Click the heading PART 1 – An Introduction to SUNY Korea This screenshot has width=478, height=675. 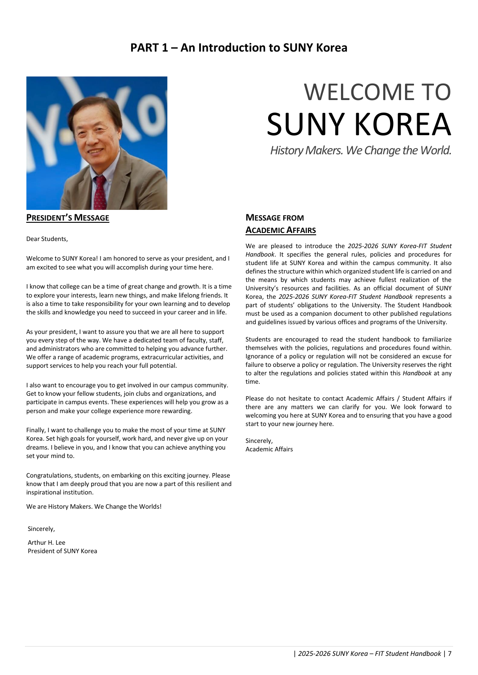tap(239, 48)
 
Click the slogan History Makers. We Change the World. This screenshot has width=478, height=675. tap(361, 150)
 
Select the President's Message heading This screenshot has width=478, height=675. tap(68, 217)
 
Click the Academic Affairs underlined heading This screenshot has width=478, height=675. tap(281, 230)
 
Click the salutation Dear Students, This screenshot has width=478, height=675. tap(47, 239)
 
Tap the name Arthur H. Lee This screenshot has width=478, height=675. tap(46, 542)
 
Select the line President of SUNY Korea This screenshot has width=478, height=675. tap(62, 551)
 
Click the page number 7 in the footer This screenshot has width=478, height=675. tap(450, 653)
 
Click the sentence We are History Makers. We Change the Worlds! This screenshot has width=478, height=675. tap(94, 506)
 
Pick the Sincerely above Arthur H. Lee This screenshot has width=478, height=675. tap(41, 529)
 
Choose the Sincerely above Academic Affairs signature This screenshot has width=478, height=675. tap(259, 441)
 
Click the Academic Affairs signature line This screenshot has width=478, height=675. tap(269, 449)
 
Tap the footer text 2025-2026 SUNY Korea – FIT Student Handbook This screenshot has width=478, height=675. tap(369, 653)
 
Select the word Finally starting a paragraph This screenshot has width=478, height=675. tap(36, 430)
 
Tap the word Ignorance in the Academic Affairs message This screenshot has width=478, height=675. tap(260, 356)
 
